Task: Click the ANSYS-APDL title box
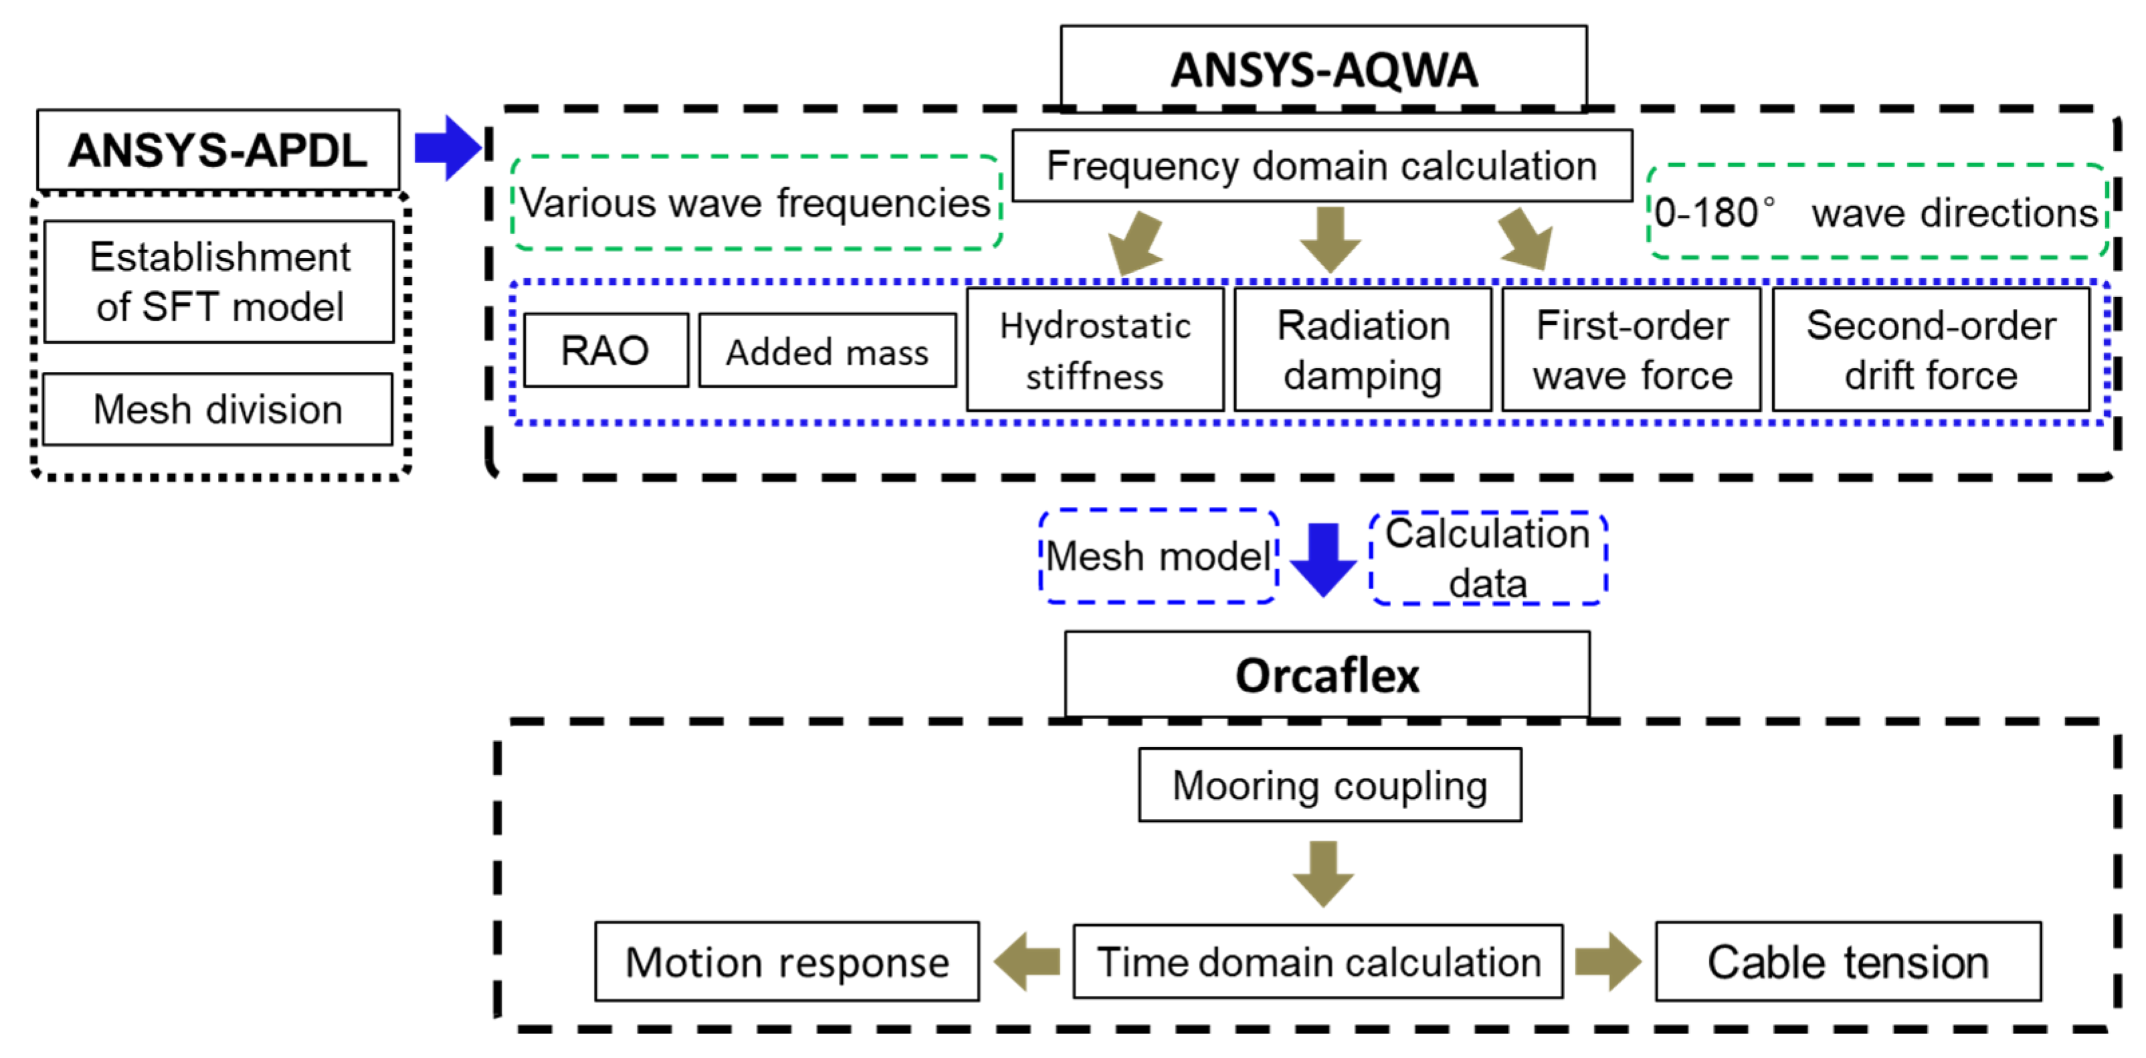point(218,150)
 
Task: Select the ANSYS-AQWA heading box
point(1323,68)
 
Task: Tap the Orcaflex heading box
point(1327,674)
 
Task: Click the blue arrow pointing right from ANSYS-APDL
point(448,147)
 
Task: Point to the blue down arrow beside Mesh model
point(1323,558)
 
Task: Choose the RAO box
point(605,350)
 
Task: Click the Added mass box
point(827,350)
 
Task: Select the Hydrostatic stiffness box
point(1094,350)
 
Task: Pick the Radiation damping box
point(1363,350)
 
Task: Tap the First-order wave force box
point(1631,350)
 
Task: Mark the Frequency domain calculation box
point(1321,166)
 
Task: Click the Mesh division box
point(217,409)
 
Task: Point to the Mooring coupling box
point(1330,784)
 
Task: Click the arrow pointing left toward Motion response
point(1026,962)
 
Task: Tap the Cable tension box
point(1848,962)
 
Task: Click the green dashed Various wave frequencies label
point(756,203)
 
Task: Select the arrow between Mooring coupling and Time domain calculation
point(1323,873)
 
